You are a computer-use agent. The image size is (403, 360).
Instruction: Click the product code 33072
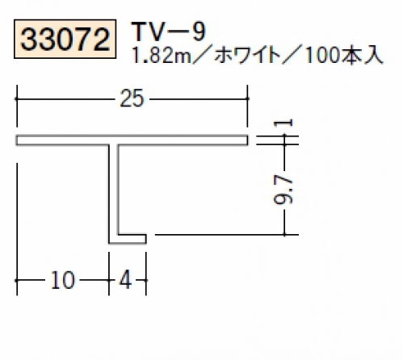(65, 40)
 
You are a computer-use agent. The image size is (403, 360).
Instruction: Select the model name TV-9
(169, 31)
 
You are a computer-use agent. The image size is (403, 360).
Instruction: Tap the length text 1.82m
(162, 56)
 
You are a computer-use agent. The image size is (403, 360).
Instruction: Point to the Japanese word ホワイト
(247, 56)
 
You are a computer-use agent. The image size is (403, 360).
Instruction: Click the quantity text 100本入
(344, 56)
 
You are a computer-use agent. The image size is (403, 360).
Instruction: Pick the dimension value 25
(132, 98)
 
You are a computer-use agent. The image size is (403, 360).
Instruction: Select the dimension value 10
(62, 280)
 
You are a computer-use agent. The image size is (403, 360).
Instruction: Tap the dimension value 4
(126, 280)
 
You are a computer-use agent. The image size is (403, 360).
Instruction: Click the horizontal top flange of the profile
(132, 140)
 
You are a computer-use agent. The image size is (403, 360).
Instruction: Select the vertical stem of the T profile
(113, 190)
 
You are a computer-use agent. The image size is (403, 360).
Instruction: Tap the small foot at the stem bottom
(132, 239)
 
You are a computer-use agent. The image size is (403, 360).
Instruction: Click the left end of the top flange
(17, 140)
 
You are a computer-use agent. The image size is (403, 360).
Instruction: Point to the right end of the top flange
(247, 140)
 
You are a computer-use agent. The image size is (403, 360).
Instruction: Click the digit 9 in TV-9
(199, 31)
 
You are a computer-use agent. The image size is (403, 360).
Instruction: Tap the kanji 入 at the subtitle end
(373, 56)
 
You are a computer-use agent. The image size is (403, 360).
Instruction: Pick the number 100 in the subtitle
(323, 56)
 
